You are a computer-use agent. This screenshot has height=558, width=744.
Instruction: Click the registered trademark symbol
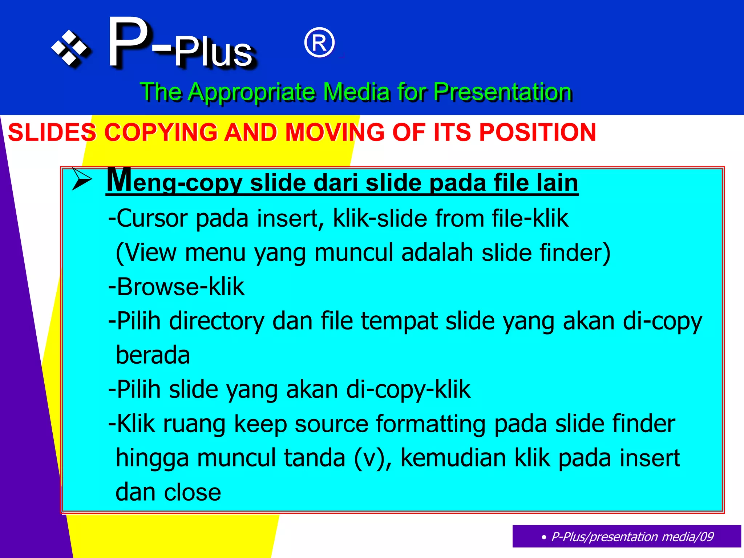pyautogui.click(x=319, y=43)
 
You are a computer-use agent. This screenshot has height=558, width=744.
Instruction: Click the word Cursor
pyautogui.click(x=151, y=218)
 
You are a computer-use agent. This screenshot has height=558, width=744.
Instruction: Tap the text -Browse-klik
pyautogui.click(x=177, y=287)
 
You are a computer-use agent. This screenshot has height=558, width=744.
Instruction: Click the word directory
pyautogui.click(x=217, y=321)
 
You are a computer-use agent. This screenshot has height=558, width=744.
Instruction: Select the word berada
pyautogui.click(x=153, y=355)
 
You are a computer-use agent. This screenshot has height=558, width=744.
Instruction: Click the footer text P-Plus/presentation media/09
pyautogui.click(x=632, y=537)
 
